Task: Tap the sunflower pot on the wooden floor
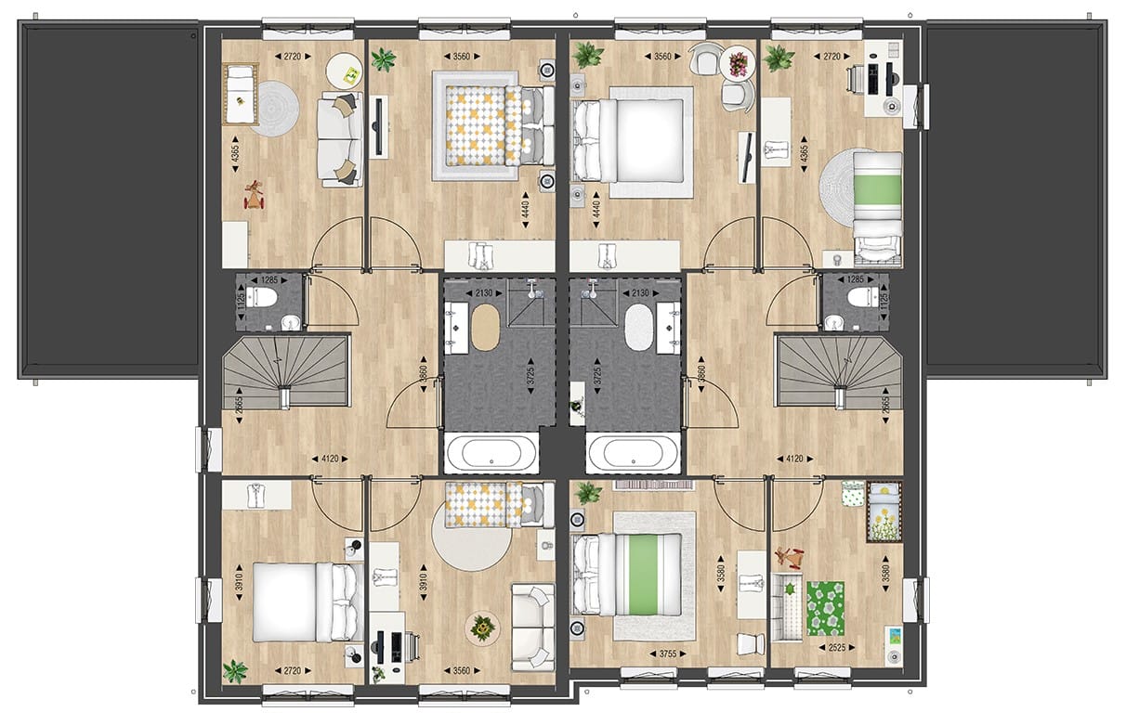482,629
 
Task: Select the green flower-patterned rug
826,608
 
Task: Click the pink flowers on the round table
739,63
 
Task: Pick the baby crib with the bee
241,96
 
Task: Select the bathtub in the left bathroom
491,454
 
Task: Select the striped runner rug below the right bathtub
649,484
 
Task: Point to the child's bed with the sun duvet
884,511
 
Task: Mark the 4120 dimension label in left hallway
330,458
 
